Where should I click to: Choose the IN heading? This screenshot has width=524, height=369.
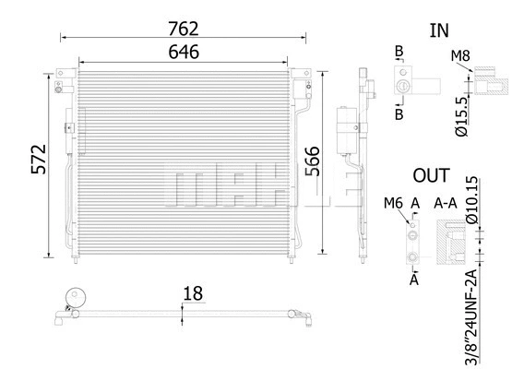[439, 30]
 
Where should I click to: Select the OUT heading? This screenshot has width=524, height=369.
[431, 175]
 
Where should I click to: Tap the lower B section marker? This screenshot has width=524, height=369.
[399, 114]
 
